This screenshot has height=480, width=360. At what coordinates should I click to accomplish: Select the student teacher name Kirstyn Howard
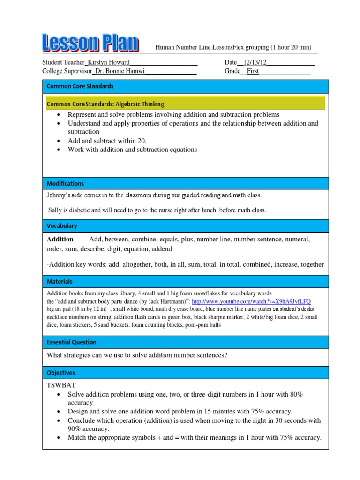(x=108, y=62)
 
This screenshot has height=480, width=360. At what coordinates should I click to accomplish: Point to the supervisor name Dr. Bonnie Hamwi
(x=120, y=71)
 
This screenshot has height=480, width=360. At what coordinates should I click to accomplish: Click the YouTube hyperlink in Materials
(x=251, y=301)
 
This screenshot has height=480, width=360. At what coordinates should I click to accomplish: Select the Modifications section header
(x=65, y=184)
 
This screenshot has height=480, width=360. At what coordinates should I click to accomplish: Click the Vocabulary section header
(x=62, y=226)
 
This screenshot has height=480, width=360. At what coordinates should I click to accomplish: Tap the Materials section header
(x=60, y=282)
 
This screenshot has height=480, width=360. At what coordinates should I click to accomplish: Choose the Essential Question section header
(x=72, y=342)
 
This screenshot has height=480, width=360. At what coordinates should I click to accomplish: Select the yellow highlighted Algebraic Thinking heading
(x=105, y=104)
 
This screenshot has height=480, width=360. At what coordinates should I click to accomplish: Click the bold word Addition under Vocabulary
(x=60, y=240)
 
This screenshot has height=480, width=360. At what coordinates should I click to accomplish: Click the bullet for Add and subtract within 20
(x=58, y=141)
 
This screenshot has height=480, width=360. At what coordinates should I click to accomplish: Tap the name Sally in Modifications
(x=56, y=210)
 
